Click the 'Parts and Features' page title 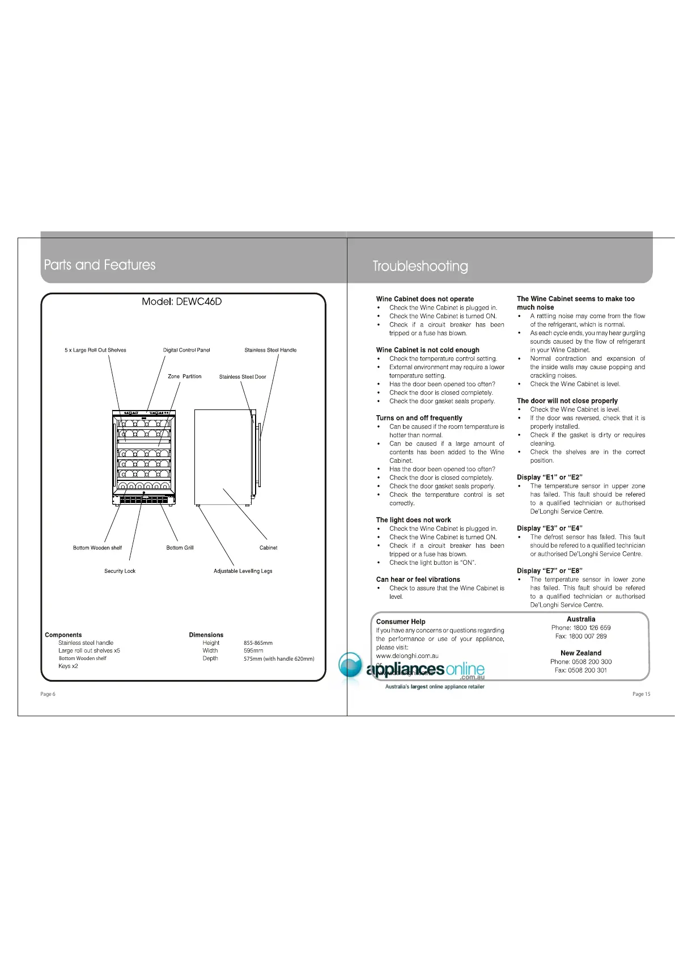(x=100, y=265)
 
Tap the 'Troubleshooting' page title (x=420, y=266)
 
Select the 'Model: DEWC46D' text (x=181, y=302)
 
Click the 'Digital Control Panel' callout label (x=186, y=350)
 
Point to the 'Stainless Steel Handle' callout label (x=270, y=350)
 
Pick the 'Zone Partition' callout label (x=184, y=377)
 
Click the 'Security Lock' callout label (x=120, y=571)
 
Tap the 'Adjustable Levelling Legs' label (x=243, y=571)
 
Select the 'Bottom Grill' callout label (x=180, y=548)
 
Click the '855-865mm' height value (x=258, y=643)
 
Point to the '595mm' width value (x=253, y=651)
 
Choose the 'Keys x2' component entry (x=68, y=666)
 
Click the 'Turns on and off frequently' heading (x=419, y=418)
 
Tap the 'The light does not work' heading (x=413, y=520)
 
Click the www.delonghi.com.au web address (x=407, y=656)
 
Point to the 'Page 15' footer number (x=641, y=694)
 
